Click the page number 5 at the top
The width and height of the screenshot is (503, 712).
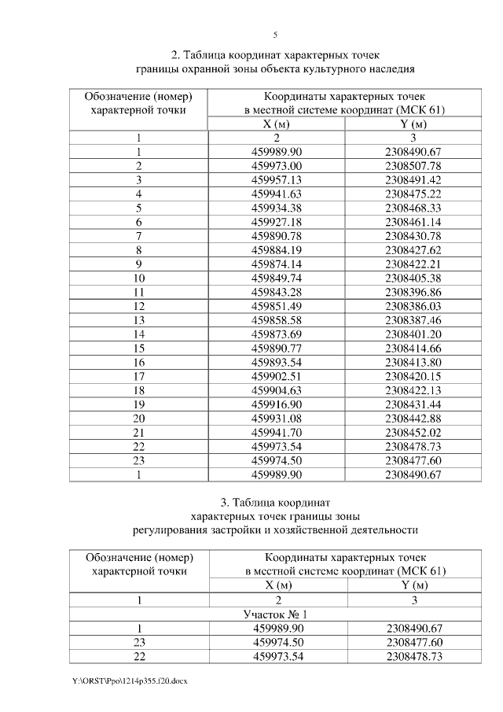(x=275, y=35)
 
